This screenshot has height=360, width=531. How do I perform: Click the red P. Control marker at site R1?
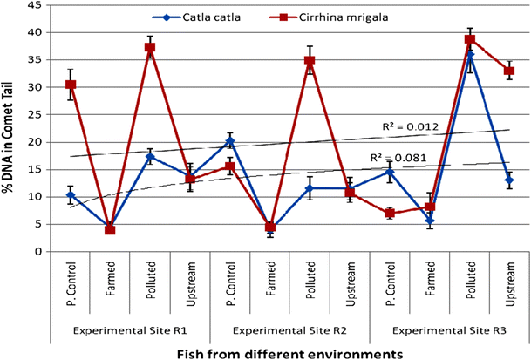pyautogui.click(x=71, y=85)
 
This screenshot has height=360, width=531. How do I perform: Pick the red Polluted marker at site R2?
pyautogui.click(x=310, y=61)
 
